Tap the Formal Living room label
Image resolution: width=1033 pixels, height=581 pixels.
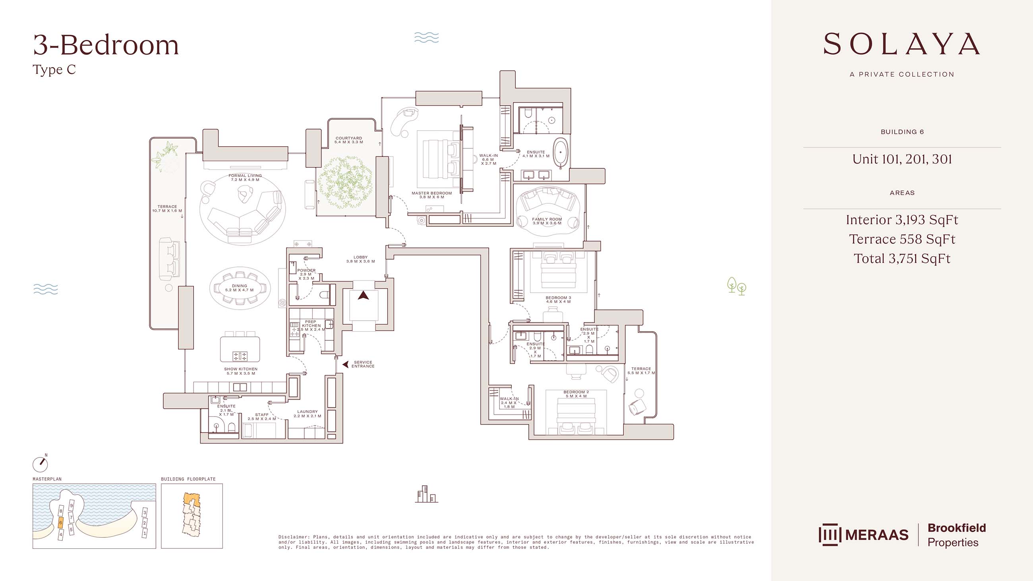(245, 178)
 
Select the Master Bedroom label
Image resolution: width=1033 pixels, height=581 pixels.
(431, 195)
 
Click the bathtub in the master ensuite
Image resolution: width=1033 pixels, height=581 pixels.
(561, 153)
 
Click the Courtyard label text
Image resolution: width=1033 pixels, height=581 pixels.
(349, 140)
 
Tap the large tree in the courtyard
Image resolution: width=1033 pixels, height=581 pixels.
(344, 182)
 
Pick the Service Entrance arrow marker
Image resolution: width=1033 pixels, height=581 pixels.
(345, 365)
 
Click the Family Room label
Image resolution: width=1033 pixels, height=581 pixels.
(547, 221)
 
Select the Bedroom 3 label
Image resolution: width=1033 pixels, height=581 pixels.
(558, 299)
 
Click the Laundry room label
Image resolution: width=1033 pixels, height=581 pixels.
(307, 414)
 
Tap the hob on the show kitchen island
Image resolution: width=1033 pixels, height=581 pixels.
(240, 356)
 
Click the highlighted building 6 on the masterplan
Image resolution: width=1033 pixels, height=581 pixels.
(60, 523)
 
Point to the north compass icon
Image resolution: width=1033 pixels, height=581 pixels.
(41, 464)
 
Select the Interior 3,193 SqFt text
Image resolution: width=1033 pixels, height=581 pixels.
(902, 220)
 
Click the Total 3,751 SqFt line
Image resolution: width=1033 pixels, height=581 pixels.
(902, 259)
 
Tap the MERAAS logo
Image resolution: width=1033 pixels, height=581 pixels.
(863, 535)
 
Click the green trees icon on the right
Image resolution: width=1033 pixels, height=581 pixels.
(737, 286)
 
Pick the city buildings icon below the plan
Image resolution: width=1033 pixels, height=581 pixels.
(426, 494)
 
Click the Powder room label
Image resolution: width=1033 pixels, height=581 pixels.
(306, 274)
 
